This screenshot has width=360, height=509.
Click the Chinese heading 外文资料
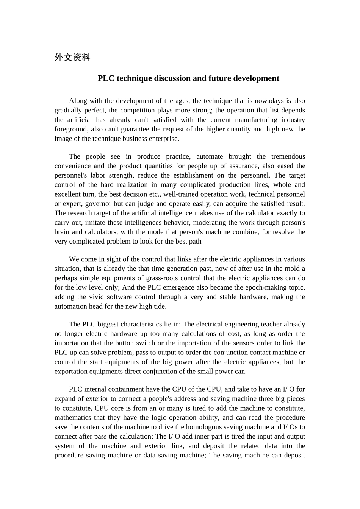click(72, 58)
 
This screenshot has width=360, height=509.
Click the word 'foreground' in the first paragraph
click(70, 129)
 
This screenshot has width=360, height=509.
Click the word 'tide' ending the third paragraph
click(160, 307)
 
